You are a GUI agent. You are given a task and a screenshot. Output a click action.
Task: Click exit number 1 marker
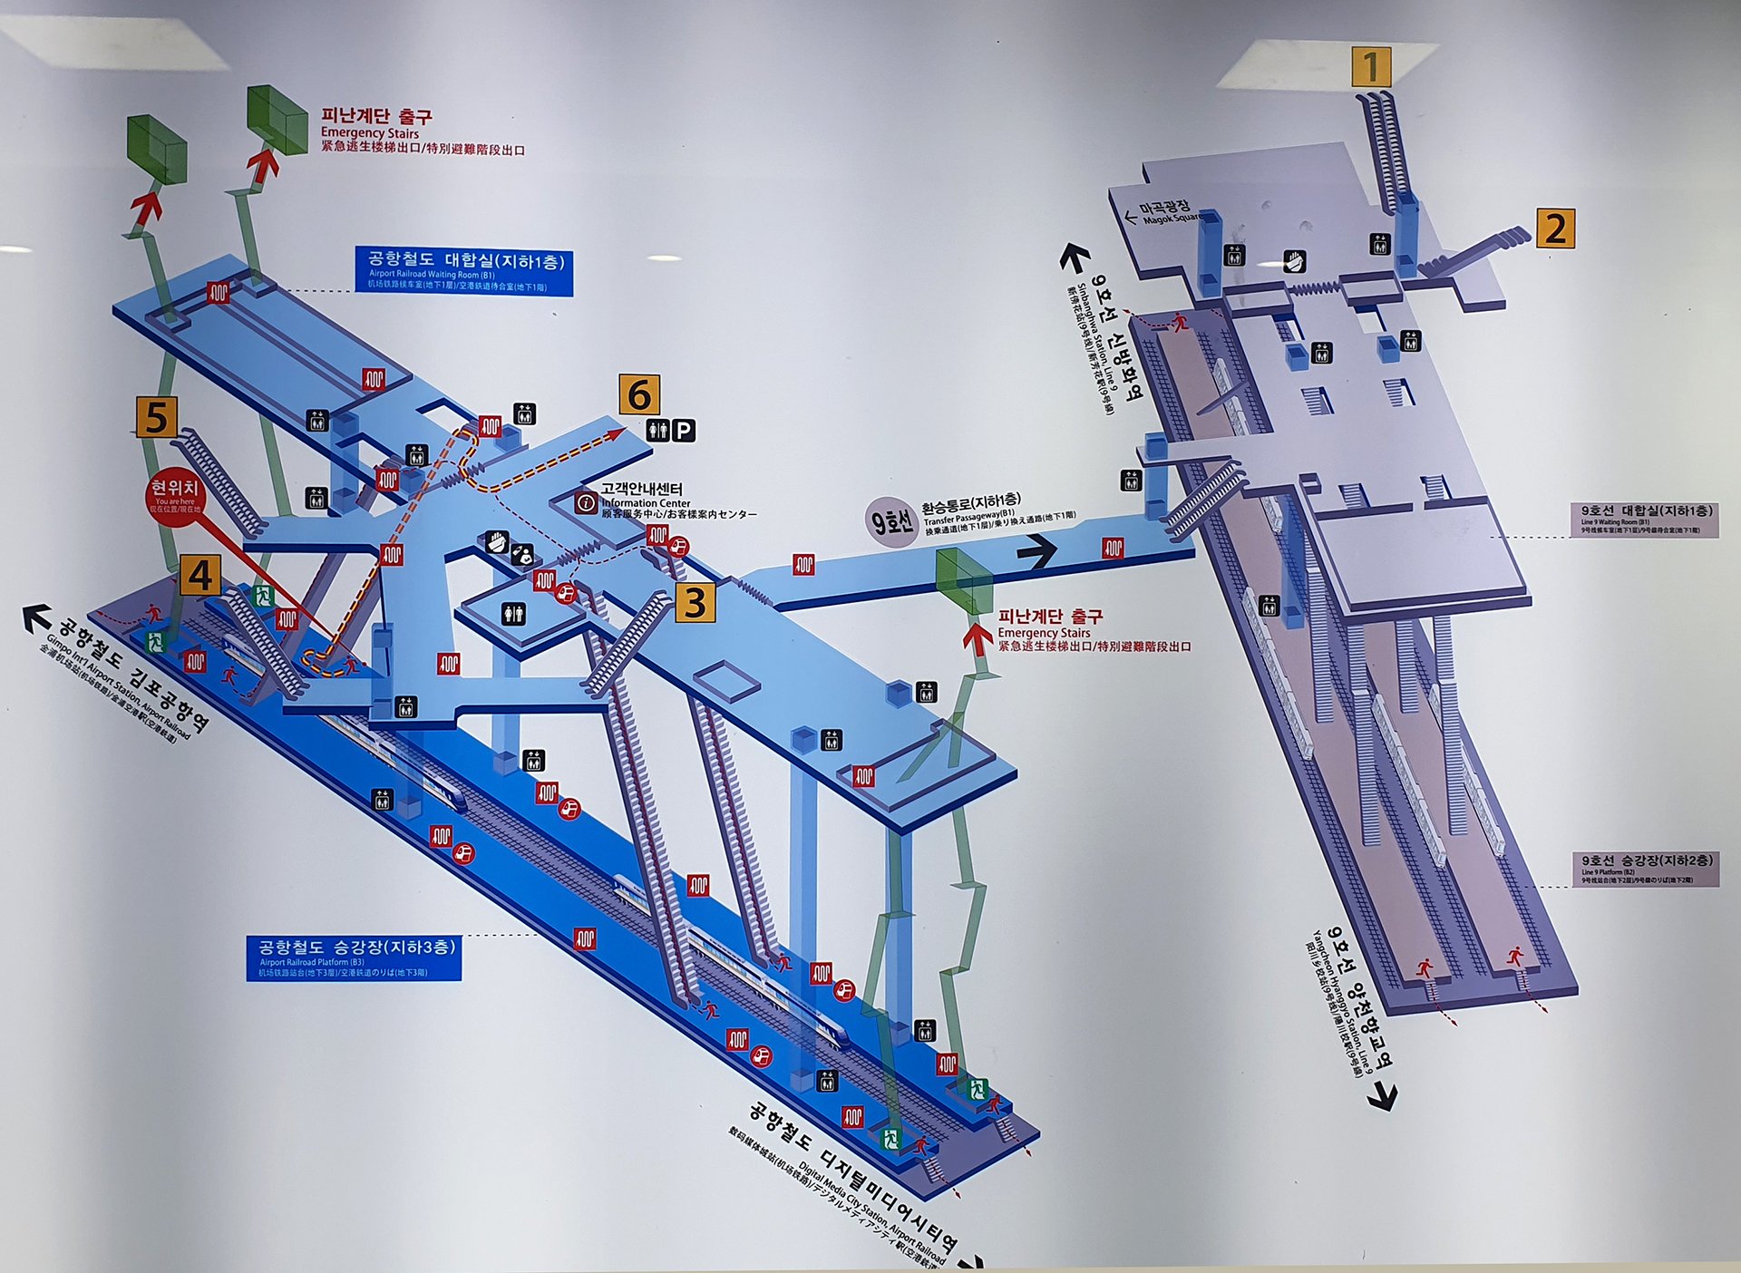coord(1371,66)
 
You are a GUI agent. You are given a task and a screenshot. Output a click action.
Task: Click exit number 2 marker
coord(1555,228)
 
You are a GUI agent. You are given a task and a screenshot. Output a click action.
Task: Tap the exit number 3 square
coord(695,602)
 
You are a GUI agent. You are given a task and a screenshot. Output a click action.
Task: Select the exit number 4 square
coord(199,575)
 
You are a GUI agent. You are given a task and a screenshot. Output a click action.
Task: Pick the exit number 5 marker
coord(156,416)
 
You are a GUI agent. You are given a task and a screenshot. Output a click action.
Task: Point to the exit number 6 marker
coord(639,394)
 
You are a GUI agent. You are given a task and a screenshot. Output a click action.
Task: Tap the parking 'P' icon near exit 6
coord(684,431)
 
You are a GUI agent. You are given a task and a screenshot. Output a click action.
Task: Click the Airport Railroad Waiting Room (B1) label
coord(464,270)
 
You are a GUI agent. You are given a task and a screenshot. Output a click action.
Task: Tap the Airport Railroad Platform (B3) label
coord(354,957)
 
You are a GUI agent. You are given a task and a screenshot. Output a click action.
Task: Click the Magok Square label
coord(1171,212)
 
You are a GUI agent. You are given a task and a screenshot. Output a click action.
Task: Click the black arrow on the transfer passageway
coord(1037,549)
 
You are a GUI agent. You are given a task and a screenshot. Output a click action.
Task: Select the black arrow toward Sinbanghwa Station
coord(1074,258)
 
